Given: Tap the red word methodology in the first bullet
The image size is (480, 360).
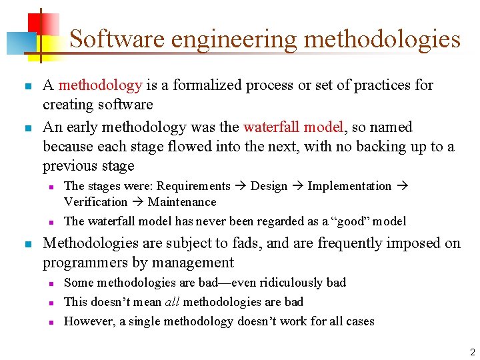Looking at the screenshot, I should point(100,85).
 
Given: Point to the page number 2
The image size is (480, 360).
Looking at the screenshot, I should point(472,352).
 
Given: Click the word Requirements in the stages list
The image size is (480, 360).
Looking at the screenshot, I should point(193,186).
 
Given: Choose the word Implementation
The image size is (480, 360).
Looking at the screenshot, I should point(349,186).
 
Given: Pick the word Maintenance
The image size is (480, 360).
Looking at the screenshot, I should point(182,202).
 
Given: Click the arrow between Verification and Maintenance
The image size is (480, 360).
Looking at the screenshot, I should point(137,202).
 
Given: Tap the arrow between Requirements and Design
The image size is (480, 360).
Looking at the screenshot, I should point(240,186).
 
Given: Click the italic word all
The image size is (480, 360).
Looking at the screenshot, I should point(171,302).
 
